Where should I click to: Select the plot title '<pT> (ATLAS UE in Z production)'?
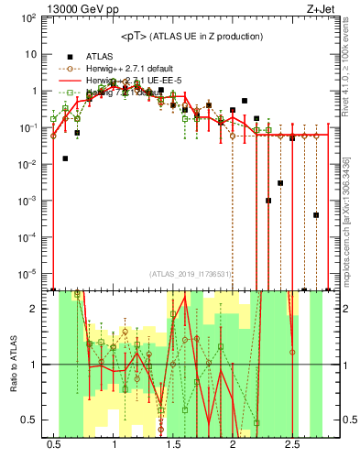tap(191, 36)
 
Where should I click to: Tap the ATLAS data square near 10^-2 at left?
tap(65, 158)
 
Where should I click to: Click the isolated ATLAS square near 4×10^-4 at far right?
tap(315, 215)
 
